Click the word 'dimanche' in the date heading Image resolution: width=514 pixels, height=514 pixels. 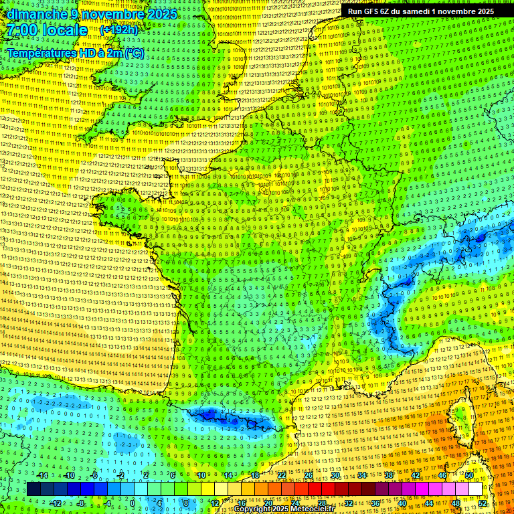tap(33, 14)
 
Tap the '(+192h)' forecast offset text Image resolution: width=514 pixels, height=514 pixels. tap(118, 29)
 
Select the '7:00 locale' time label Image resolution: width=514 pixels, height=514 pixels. tap(47, 30)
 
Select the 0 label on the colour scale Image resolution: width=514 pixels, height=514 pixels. tap(133, 503)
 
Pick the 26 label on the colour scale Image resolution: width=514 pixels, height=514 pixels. tap(309, 475)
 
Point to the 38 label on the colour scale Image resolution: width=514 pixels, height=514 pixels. tap(389, 475)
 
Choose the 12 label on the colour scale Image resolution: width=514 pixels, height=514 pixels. tap(215, 503)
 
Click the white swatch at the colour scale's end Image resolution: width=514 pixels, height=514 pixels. tap(475, 489)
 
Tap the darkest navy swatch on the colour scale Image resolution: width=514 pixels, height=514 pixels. tap(33, 489)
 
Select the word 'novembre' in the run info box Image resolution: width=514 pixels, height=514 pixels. tap(450, 11)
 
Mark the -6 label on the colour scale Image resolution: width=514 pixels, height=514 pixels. tap(94, 475)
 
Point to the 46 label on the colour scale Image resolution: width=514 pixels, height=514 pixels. tap(442, 475)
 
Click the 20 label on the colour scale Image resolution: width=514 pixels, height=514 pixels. tap(268, 503)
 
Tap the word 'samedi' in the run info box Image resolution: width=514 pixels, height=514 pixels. tap(411, 11)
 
